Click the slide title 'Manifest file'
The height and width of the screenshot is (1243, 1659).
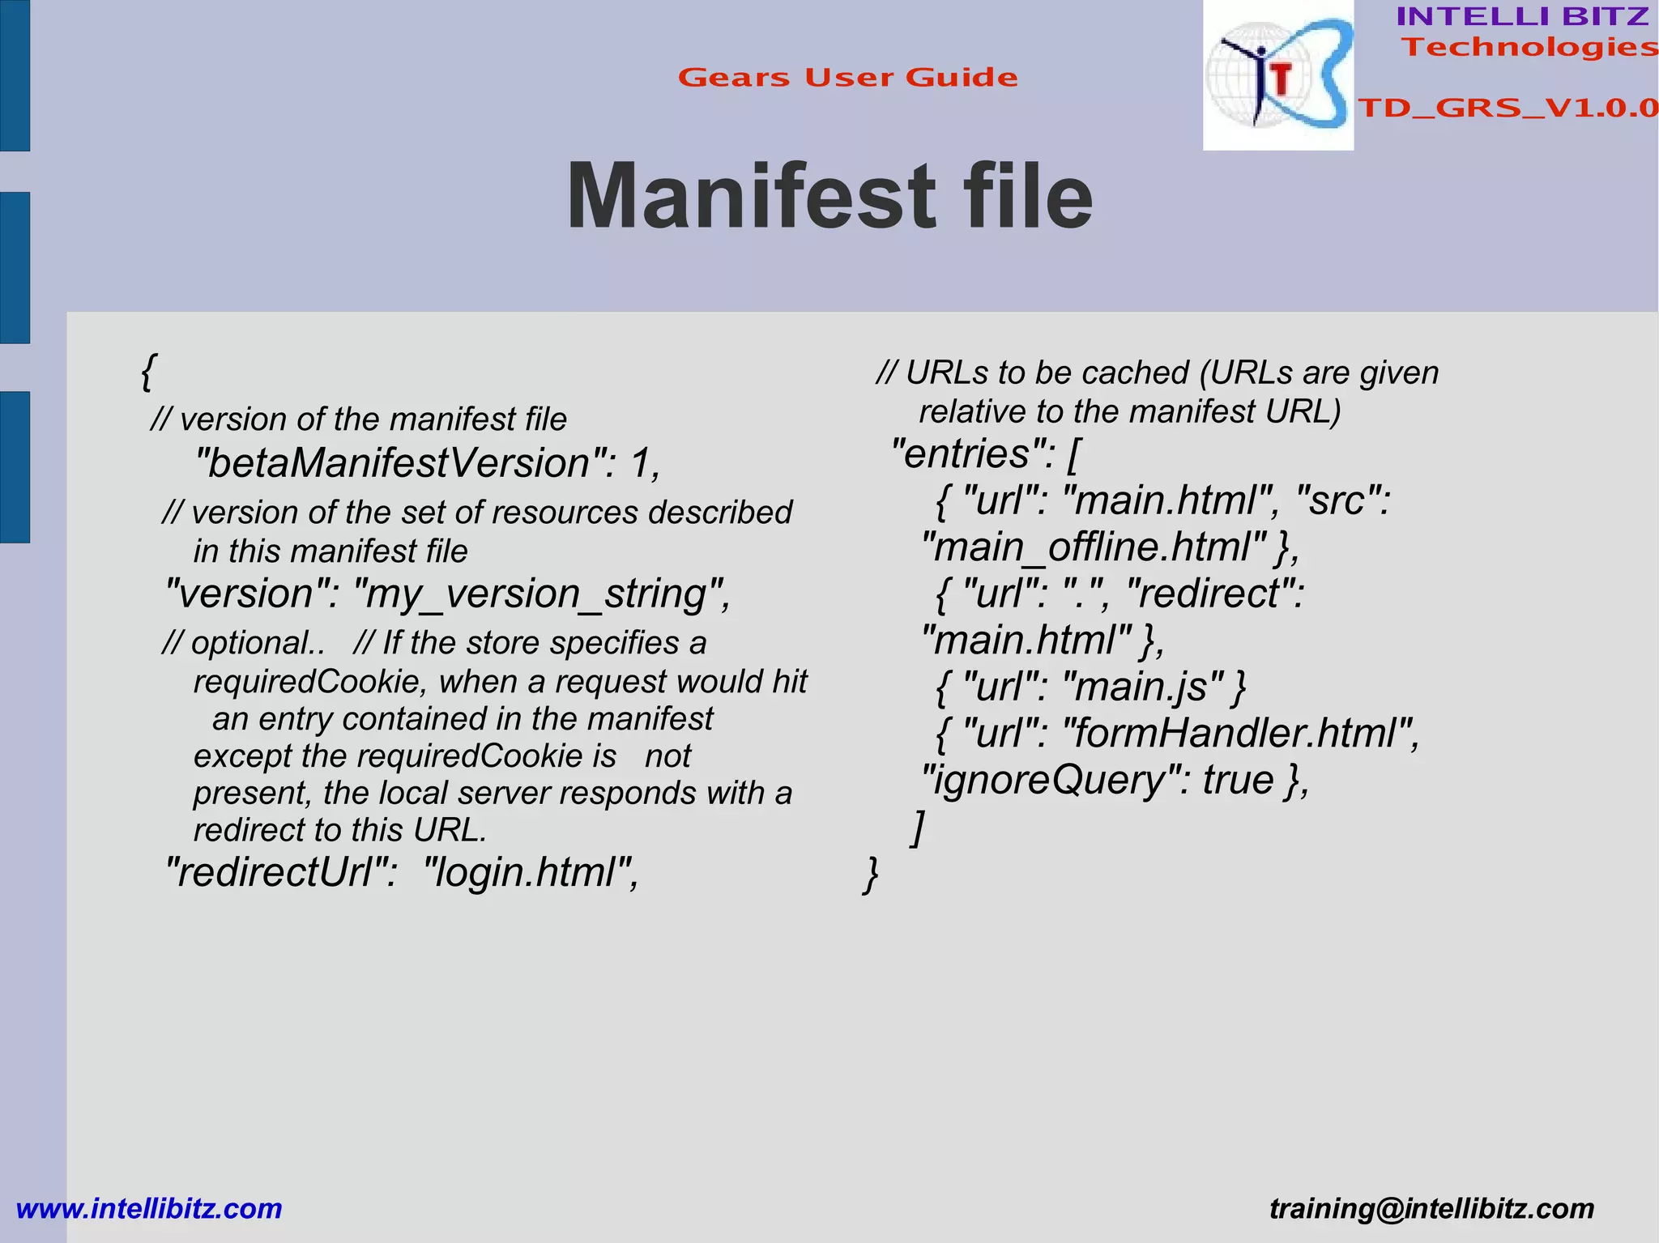point(829,197)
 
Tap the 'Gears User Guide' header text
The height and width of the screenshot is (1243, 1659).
point(847,78)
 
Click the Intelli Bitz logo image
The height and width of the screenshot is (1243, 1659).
point(1277,75)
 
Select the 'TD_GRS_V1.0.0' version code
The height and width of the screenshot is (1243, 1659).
point(1508,108)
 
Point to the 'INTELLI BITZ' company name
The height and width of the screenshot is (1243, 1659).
point(1522,16)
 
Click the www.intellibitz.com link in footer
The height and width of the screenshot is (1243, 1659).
point(149,1208)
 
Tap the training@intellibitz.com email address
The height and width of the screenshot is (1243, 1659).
point(1431,1208)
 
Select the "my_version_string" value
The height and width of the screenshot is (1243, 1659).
point(538,594)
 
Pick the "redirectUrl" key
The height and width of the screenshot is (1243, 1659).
point(279,873)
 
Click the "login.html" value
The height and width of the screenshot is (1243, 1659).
point(527,873)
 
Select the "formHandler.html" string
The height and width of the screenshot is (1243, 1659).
point(1235,734)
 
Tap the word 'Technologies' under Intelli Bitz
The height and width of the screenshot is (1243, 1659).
point(1529,47)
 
